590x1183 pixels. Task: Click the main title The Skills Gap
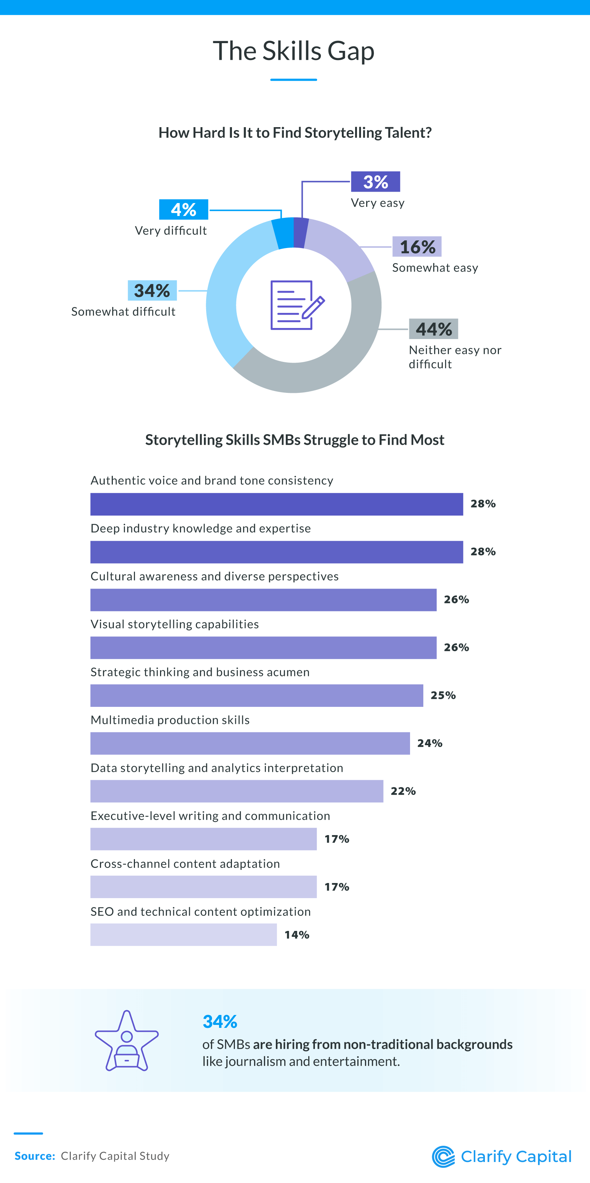pos(294,50)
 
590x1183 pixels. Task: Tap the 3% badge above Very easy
pos(375,182)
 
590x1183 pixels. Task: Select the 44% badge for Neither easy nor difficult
pos(433,329)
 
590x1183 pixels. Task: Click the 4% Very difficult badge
pos(183,209)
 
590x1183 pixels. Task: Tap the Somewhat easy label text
pos(435,268)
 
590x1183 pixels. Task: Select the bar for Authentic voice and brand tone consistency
pos(276,504)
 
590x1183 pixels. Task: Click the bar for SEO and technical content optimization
pos(183,935)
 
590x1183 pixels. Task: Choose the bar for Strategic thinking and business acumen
pos(256,695)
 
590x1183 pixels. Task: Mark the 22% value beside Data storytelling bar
pos(403,791)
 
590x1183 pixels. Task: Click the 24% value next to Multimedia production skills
pos(430,743)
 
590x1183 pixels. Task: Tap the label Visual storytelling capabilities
pos(175,624)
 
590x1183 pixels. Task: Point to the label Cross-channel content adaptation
pos(185,863)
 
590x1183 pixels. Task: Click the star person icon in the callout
pos(127,1041)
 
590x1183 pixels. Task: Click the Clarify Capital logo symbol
pos(443,1156)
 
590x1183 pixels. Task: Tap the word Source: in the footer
pos(35,1156)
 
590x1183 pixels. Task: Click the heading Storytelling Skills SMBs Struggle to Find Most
pos(295,440)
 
